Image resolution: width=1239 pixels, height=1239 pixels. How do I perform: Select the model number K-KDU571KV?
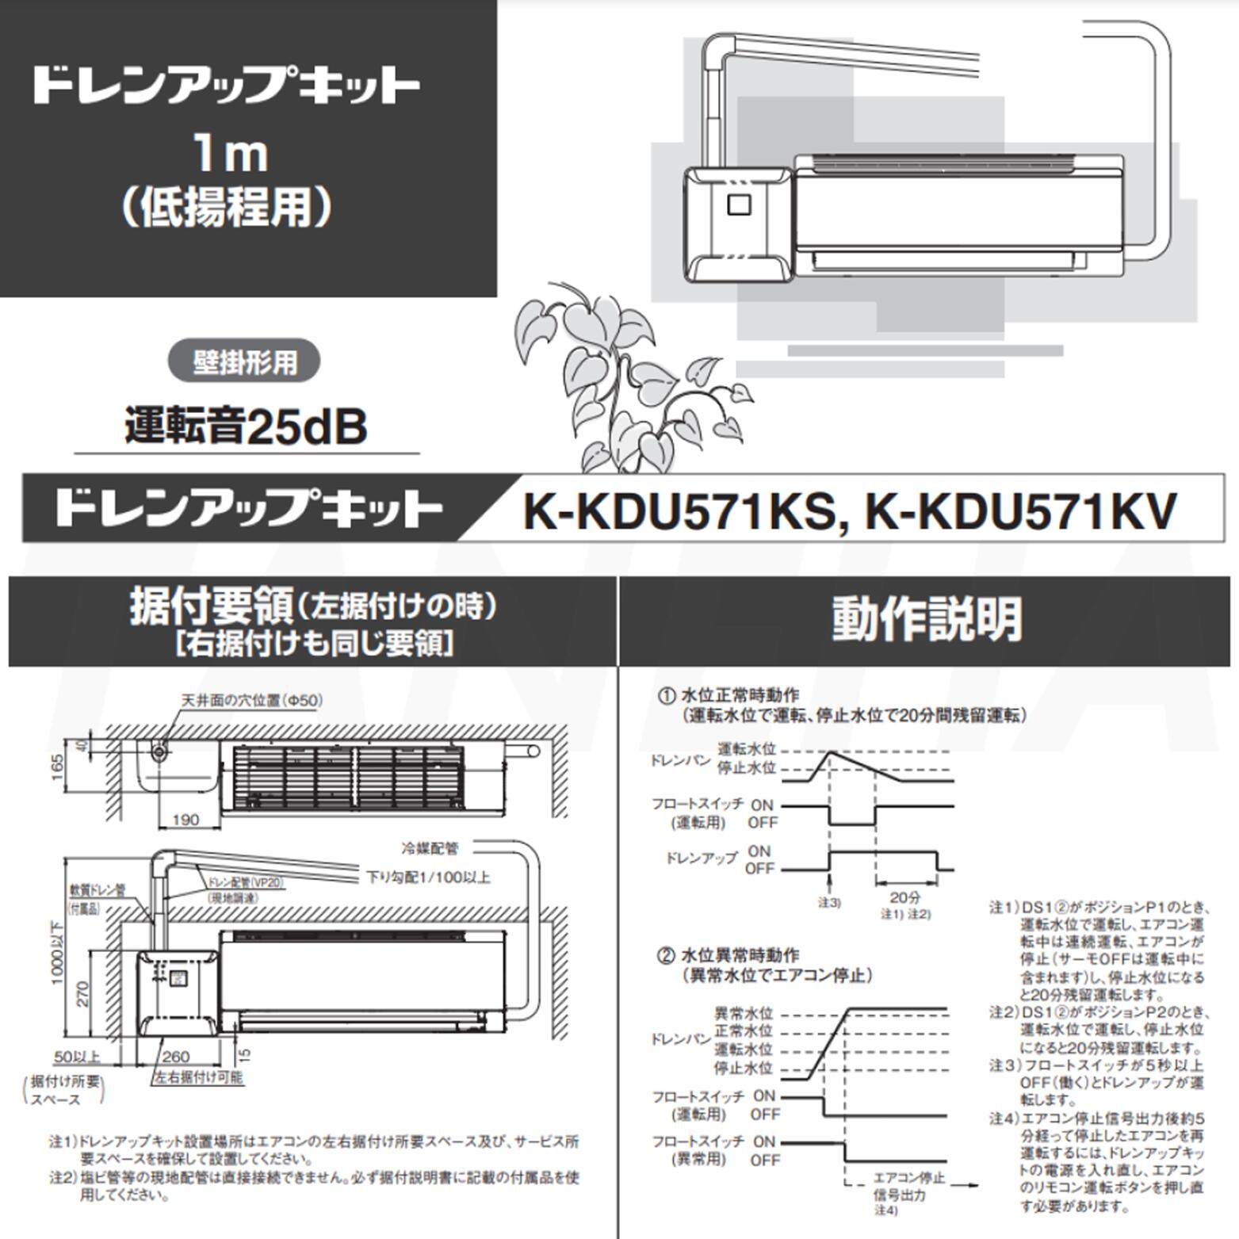pyautogui.click(x=1020, y=511)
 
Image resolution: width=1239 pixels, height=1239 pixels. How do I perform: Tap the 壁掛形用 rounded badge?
pyautogui.click(x=244, y=362)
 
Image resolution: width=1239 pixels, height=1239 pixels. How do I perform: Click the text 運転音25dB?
pyautogui.click(x=246, y=426)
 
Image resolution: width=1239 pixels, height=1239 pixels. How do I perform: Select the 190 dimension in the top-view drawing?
pyautogui.click(x=185, y=820)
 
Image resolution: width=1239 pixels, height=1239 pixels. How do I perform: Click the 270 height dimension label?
pyautogui.click(x=82, y=993)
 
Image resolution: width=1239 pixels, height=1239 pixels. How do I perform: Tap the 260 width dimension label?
pyautogui.click(x=176, y=1056)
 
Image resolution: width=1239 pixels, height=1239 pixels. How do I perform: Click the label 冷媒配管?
pyautogui.click(x=430, y=848)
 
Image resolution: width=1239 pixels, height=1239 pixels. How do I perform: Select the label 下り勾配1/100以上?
pyautogui.click(x=428, y=877)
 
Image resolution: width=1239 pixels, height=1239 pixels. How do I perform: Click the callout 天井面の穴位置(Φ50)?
pyautogui.click(x=252, y=700)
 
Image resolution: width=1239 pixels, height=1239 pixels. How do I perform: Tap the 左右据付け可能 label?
pyautogui.click(x=199, y=1077)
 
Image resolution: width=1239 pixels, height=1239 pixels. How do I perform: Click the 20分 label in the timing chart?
pyautogui.click(x=904, y=897)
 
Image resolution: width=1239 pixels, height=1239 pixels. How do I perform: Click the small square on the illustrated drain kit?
pyautogui.click(x=738, y=205)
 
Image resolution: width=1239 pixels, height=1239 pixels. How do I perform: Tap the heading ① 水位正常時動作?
pyautogui.click(x=729, y=695)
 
